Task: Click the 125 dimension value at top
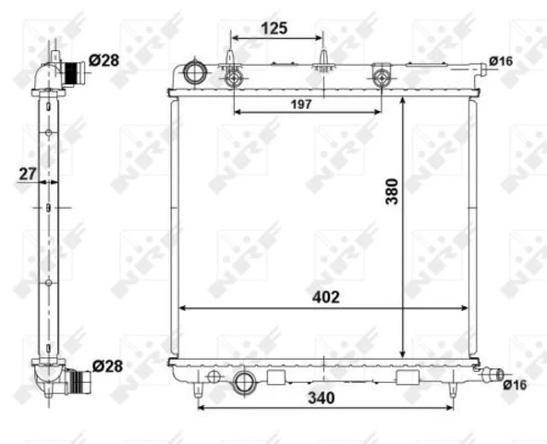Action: click(273, 28)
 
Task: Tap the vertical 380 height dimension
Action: click(392, 190)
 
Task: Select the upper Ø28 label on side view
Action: click(105, 60)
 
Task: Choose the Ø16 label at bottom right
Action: click(515, 385)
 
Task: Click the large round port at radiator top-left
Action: click(196, 71)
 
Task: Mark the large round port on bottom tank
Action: click(245, 381)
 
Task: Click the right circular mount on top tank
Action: click(380, 77)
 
